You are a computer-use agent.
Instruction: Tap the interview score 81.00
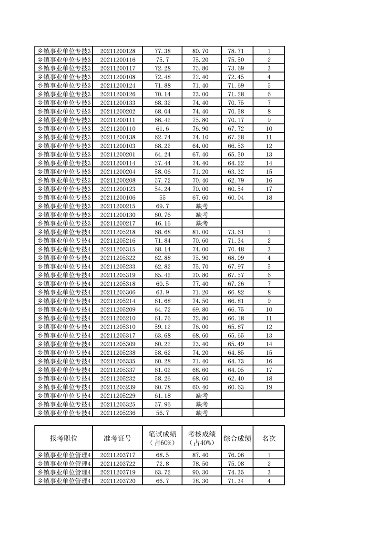(x=202, y=232)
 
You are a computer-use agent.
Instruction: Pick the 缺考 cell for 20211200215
(x=202, y=206)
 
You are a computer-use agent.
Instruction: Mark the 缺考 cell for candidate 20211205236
(x=202, y=413)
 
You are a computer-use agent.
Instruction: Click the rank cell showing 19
(x=269, y=387)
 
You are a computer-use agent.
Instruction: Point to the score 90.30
(x=202, y=473)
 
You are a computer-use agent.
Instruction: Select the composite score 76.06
(x=237, y=455)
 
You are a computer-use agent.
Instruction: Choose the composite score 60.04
(x=237, y=197)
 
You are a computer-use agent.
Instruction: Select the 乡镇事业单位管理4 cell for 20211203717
(x=63, y=455)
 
